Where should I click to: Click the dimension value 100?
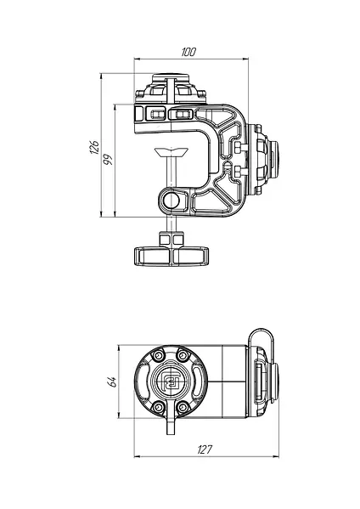coord(188,52)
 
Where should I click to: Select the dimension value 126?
coord(94,147)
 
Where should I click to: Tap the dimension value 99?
coord(108,159)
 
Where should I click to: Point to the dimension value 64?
coord(111,382)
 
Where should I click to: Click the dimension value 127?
coord(205,450)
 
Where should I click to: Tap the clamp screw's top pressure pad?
coord(172,151)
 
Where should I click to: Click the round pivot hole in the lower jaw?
coord(171,201)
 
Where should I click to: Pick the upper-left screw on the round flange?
coord(159,355)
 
